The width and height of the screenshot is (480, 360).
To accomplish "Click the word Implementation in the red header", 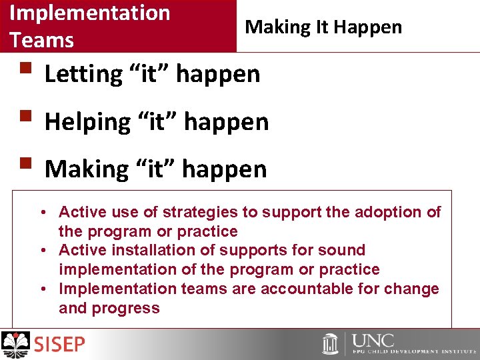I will [90, 13].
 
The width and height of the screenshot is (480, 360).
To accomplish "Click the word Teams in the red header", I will [41, 40].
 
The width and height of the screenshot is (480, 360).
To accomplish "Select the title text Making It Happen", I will [323, 27].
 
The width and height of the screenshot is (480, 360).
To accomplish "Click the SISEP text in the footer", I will [59, 345].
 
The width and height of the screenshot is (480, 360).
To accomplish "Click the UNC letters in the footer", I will [373, 341].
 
